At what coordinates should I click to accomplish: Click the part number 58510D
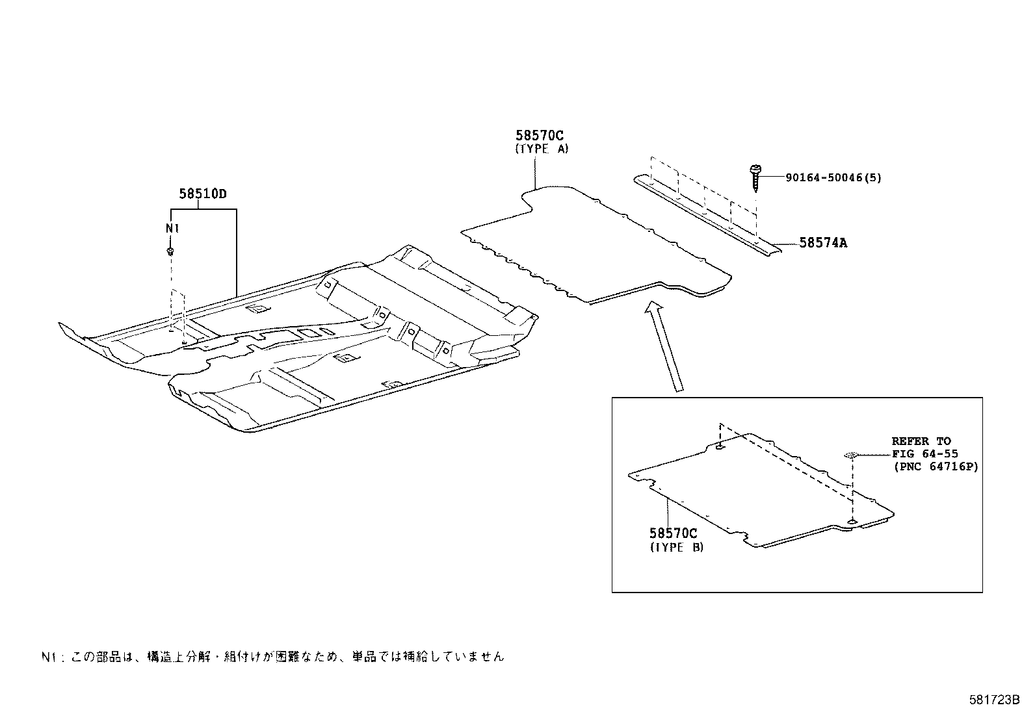(x=202, y=194)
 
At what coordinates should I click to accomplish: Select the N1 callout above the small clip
(x=172, y=229)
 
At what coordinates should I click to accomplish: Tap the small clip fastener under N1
(x=170, y=250)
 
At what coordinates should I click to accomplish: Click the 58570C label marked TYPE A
(x=540, y=136)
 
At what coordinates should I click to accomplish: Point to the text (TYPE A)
(x=542, y=149)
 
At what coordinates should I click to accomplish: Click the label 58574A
(x=823, y=243)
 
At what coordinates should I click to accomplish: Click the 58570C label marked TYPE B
(x=673, y=533)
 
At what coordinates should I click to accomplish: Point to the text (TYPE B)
(x=676, y=547)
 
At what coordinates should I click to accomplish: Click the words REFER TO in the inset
(x=921, y=441)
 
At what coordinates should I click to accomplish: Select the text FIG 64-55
(x=924, y=454)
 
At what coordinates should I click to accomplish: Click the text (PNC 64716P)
(x=935, y=466)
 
